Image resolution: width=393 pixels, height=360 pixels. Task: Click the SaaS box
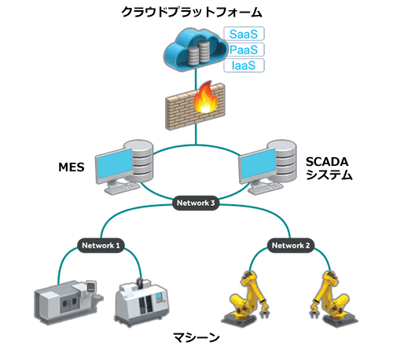coord(244,34)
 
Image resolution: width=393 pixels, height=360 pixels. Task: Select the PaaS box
coord(244,50)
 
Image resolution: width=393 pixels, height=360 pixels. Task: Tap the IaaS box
coord(244,65)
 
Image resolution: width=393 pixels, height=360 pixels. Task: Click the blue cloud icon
coord(195,50)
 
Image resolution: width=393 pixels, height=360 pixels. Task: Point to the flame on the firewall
coord(206,97)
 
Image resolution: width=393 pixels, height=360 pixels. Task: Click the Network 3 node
coord(196,203)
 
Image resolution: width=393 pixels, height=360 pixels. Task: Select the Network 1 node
coord(101,245)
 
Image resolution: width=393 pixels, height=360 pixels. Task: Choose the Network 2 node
coord(291,245)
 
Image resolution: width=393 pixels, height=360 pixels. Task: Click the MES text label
coord(72,167)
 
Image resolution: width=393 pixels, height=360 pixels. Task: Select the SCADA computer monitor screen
coord(259,163)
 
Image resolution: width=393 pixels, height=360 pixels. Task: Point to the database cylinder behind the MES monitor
coord(139,160)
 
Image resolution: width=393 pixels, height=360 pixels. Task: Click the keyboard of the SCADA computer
coord(266,188)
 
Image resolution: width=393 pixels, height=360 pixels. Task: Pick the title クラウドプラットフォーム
coord(192,12)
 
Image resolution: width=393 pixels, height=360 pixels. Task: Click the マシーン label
coord(196,337)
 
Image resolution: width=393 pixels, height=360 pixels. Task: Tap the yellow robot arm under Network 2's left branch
coord(246,298)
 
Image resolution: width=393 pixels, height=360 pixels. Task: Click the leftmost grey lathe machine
coord(68,303)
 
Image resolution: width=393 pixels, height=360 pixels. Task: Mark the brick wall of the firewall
coord(195,107)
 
